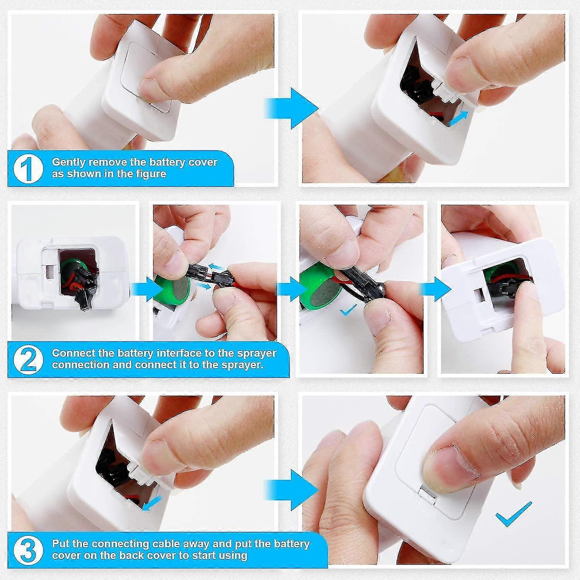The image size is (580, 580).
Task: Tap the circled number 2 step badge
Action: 28,359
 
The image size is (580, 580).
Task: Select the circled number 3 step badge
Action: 28,550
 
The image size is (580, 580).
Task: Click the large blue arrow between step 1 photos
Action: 291,108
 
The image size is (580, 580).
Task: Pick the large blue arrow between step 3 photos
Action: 291,490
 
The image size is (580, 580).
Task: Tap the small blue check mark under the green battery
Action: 348,310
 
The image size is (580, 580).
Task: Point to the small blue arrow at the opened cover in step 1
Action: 459,118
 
